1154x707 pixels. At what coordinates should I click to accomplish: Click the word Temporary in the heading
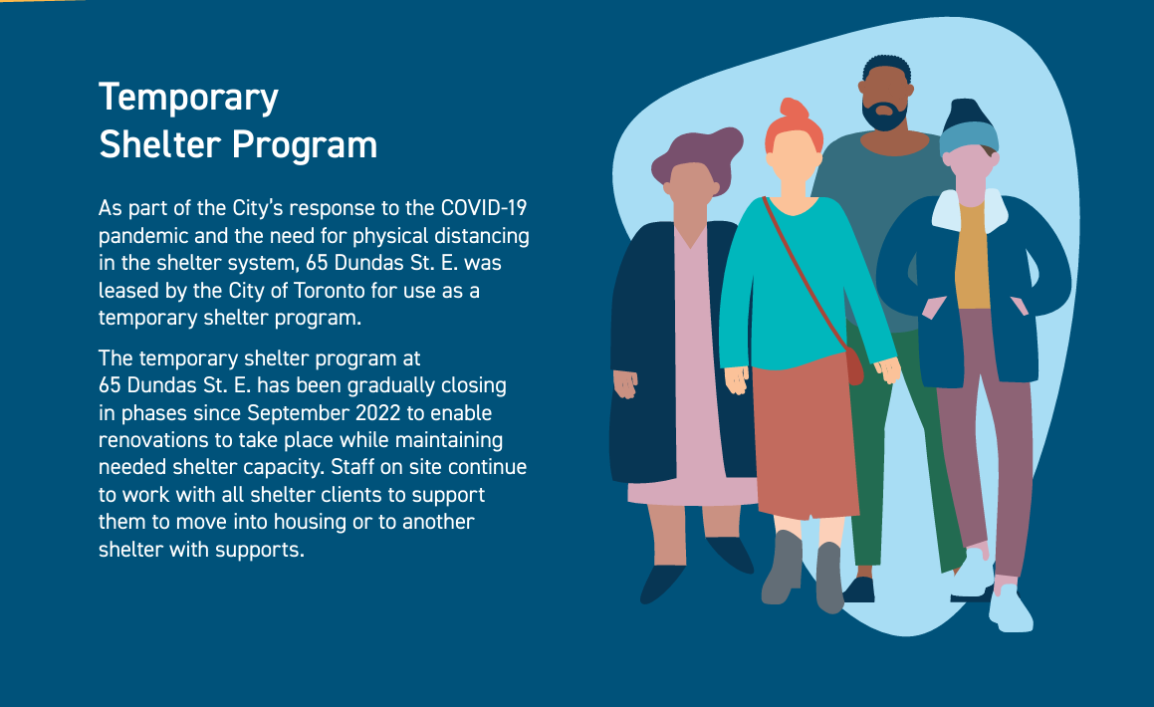(x=188, y=98)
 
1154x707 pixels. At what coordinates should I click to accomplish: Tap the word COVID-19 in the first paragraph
(x=484, y=208)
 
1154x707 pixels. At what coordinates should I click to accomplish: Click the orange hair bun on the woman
(x=794, y=111)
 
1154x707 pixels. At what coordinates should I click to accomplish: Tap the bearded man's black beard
(x=884, y=118)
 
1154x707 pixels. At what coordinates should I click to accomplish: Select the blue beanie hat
(x=967, y=129)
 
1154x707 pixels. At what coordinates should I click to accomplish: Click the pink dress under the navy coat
(x=695, y=382)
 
